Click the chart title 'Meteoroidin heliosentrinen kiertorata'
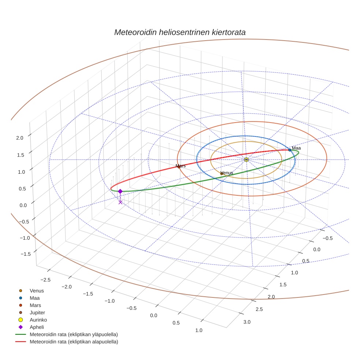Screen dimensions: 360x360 click(x=180, y=32)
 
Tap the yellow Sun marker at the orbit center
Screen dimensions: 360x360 click(x=246, y=160)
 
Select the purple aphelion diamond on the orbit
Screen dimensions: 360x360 click(x=120, y=191)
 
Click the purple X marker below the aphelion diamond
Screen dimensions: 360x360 click(x=120, y=202)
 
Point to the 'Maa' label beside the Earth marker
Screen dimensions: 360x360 click(x=296, y=148)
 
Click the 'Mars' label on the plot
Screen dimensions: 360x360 click(x=180, y=166)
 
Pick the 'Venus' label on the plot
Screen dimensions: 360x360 click(x=227, y=173)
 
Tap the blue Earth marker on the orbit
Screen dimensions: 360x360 click(x=290, y=150)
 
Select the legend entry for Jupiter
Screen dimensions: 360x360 click(x=37, y=312)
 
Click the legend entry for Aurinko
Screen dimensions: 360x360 click(x=38, y=320)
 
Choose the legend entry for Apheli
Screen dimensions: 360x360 click(x=37, y=327)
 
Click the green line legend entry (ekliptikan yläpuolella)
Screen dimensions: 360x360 click(x=74, y=334)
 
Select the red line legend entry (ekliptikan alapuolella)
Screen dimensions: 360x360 click(x=74, y=342)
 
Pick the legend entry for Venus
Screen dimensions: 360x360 click(x=37, y=290)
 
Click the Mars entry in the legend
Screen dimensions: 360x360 click(x=35, y=305)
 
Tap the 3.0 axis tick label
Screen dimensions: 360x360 click(x=247, y=322)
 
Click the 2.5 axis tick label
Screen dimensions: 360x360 click(x=259, y=310)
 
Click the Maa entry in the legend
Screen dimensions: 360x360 click(x=35, y=298)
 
